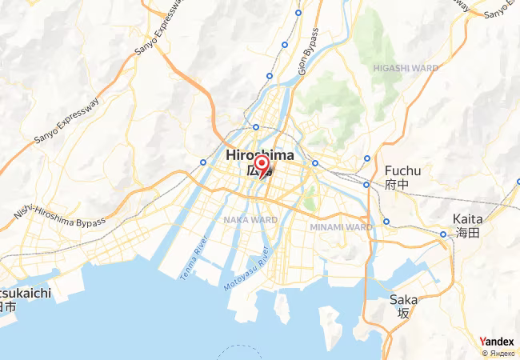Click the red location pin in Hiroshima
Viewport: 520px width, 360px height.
(x=261, y=165)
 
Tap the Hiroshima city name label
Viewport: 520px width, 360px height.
(x=259, y=154)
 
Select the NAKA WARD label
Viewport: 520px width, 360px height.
(x=250, y=218)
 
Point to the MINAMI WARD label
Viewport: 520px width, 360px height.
(x=341, y=226)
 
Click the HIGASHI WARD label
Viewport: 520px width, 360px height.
(x=406, y=69)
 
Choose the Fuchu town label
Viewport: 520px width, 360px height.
(x=402, y=170)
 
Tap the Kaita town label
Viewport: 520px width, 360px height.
(x=467, y=218)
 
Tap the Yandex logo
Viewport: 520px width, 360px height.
(x=497, y=342)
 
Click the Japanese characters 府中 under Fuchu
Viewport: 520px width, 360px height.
(x=397, y=185)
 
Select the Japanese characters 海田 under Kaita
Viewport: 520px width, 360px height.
(x=467, y=233)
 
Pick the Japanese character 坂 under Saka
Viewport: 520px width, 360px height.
(x=403, y=314)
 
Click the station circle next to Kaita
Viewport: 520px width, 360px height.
(x=443, y=234)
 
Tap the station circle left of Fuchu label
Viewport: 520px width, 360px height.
(x=367, y=184)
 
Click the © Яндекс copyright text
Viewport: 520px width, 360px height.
(x=497, y=353)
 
